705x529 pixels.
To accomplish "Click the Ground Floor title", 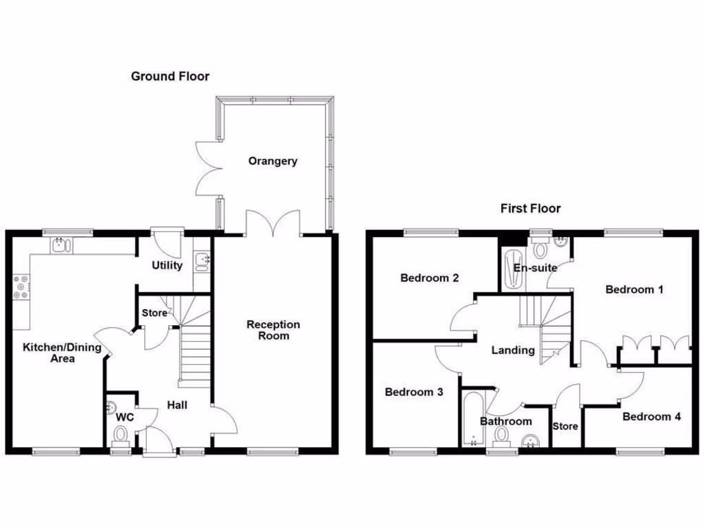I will pyautogui.click(x=170, y=76).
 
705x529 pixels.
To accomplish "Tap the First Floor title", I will pyautogui.click(x=530, y=208).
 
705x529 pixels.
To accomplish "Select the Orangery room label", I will pyautogui.click(x=273, y=161).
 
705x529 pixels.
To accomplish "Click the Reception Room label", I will pyautogui.click(x=273, y=330).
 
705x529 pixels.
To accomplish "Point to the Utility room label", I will pyautogui.click(x=167, y=265).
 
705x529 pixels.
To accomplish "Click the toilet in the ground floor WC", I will pyautogui.click(x=121, y=435).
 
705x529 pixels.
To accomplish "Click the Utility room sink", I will pyautogui.click(x=202, y=260).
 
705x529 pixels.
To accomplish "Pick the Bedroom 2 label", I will pyautogui.click(x=430, y=278).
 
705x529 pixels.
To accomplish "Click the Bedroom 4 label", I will pyautogui.click(x=651, y=416).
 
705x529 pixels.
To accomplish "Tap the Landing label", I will pyautogui.click(x=513, y=350).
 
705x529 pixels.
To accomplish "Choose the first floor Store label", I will pyautogui.click(x=565, y=426).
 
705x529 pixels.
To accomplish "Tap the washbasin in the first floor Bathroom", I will pyautogui.click(x=529, y=442).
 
